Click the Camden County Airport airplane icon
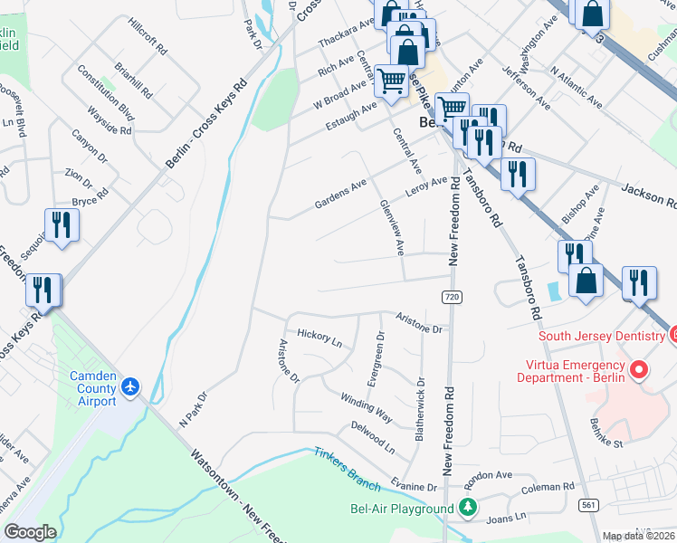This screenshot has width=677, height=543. [x=132, y=386]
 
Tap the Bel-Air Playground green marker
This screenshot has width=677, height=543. [x=468, y=509]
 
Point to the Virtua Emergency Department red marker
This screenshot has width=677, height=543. [x=639, y=370]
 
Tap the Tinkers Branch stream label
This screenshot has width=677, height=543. [x=348, y=460]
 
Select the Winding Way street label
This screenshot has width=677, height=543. [x=366, y=408]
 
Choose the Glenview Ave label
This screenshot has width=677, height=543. [x=391, y=226]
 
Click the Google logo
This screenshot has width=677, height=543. [x=30, y=532]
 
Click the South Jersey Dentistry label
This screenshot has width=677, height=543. [x=602, y=336]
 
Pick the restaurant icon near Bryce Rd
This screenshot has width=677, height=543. [x=61, y=225]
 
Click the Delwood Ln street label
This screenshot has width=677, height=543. [x=373, y=437]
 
